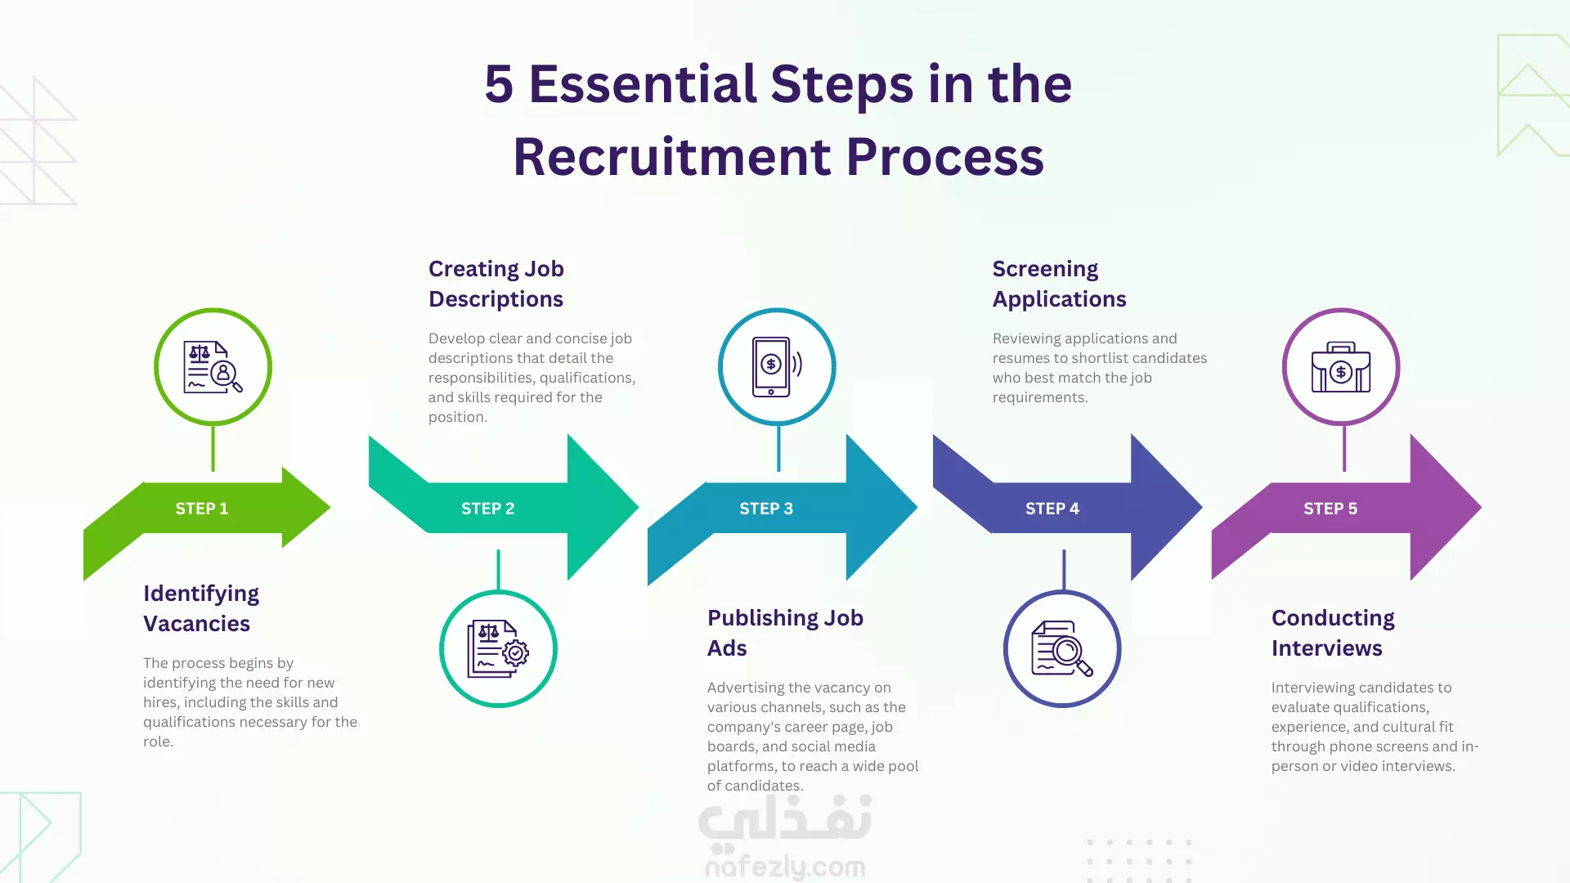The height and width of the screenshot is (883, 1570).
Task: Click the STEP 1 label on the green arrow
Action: point(202,509)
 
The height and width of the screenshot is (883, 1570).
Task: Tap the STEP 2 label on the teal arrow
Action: point(488,509)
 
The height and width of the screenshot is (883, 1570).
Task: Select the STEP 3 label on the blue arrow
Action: point(766,509)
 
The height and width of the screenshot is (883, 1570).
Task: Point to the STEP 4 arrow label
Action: point(1052,509)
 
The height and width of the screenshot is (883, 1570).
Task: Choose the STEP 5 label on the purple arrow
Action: point(1330,509)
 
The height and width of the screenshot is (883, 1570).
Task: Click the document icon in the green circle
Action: point(213,367)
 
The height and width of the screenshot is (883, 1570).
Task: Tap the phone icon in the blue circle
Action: point(777,367)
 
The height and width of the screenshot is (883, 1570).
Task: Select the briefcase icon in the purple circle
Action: point(1341,367)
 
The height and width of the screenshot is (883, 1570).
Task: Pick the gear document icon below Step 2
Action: point(498,648)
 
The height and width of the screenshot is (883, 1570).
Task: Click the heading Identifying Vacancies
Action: point(201,608)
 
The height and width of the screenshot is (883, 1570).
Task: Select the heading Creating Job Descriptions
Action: point(496,284)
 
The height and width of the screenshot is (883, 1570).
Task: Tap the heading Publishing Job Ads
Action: point(785,633)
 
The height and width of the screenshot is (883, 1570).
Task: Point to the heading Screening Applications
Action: point(1060,284)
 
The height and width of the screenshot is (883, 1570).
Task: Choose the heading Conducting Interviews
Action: point(1333,633)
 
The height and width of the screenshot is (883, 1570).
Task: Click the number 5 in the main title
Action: point(499,84)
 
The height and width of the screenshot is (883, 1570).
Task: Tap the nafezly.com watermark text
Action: point(785,867)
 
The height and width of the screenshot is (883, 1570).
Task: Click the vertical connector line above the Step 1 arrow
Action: point(213,448)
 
